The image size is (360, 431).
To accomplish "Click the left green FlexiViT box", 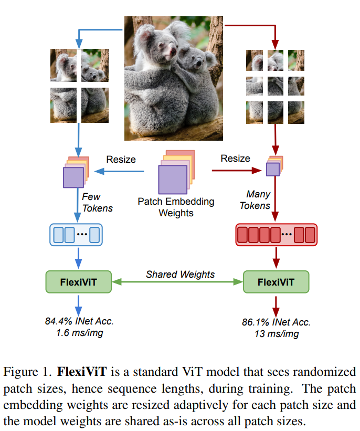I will pyautogui.click(x=79, y=282).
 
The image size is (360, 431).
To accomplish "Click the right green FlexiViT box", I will pyautogui.click(x=276, y=282).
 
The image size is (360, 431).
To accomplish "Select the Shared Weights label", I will pyautogui.click(x=180, y=274).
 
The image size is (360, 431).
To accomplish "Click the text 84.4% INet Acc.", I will pyautogui.click(x=79, y=321).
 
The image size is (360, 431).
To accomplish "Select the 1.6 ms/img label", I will pyautogui.click(x=79, y=333).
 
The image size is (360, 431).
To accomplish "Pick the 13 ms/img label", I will pyautogui.click(x=276, y=333).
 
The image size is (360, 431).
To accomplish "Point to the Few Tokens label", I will pyautogui.click(x=98, y=202).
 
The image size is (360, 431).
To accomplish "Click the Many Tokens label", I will pyautogui.click(x=255, y=200).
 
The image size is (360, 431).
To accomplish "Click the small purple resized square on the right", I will pyautogui.click(x=273, y=169).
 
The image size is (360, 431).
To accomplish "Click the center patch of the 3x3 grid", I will pyautogui.click(x=276, y=86).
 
